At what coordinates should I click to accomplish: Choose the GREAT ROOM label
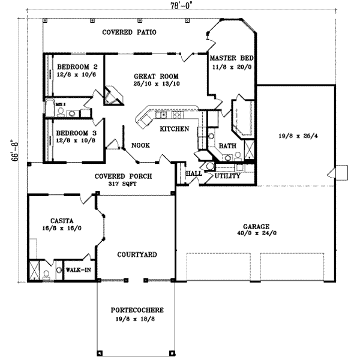click(x=157, y=76)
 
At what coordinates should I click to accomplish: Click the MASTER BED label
click(x=231, y=58)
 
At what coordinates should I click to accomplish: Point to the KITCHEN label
click(x=175, y=129)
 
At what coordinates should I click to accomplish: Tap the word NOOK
click(x=140, y=145)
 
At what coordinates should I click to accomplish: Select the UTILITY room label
click(x=227, y=176)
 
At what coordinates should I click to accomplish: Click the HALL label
click(x=194, y=173)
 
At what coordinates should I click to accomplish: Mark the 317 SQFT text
click(x=123, y=184)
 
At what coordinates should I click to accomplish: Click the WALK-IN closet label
click(x=78, y=270)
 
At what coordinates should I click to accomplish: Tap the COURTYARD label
click(x=137, y=255)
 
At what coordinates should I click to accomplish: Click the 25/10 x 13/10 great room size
click(x=157, y=84)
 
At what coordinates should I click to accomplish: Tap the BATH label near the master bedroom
click(x=227, y=146)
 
